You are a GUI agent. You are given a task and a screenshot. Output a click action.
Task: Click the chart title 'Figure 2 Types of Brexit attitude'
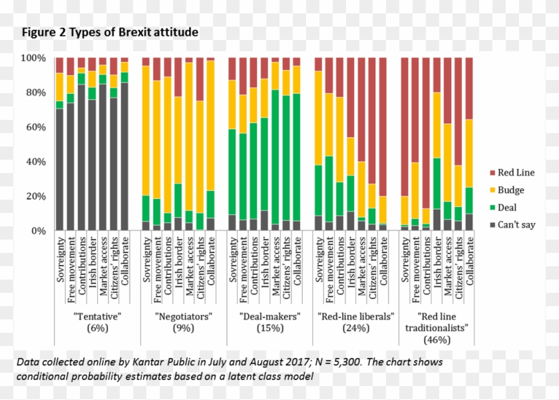click(x=110, y=32)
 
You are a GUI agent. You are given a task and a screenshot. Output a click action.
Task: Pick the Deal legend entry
click(x=506, y=208)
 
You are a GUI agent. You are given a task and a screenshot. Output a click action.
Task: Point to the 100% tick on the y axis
click(x=33, y=58)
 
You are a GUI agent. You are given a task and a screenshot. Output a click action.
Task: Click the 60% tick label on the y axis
click(x=35, y=127)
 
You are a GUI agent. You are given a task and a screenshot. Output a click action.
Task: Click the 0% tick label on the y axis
click(x=38, y=231)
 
